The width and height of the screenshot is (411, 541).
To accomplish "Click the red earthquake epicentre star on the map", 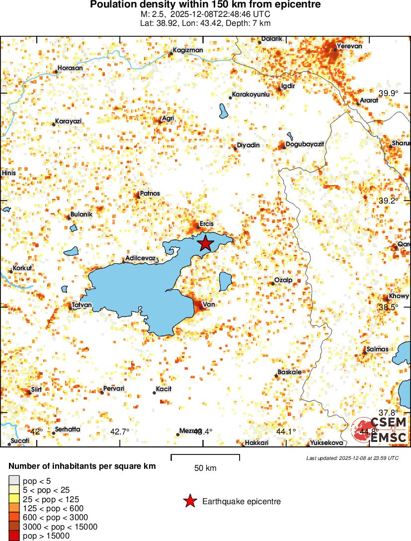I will [205, 243].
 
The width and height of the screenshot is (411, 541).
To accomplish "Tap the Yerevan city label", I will [349, 46].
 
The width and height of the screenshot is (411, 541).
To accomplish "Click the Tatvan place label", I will [82, 305].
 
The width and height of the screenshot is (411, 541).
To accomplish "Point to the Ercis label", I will [206, 223].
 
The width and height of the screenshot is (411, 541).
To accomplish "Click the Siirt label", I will [36, 389].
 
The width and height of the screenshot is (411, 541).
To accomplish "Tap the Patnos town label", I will [151, 193].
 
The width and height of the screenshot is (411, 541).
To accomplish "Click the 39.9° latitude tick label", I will [389, 93].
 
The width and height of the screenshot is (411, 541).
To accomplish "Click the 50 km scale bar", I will [205, 457].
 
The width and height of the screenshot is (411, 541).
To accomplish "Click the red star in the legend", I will [190, 501].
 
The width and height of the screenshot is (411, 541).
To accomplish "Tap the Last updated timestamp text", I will [352, 458].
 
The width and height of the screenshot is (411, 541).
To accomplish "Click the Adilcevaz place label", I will [141, 258].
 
